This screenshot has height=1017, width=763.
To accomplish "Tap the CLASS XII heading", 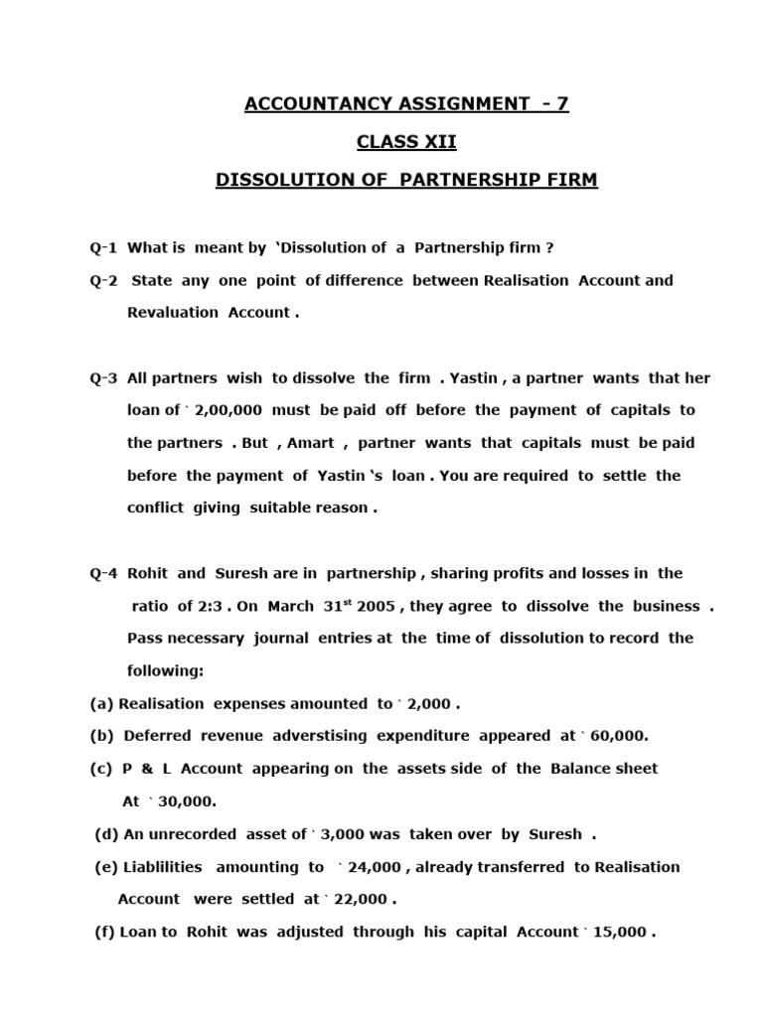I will coord(406,142).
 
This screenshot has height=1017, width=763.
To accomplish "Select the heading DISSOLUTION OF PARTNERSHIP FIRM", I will coord(406,182).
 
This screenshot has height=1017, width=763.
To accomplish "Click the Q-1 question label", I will coord(103,247).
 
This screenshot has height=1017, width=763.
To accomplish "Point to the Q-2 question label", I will coord(103,280).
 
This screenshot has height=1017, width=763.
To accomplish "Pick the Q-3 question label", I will coord(103,378).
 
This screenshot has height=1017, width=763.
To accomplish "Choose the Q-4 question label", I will coord(103,573).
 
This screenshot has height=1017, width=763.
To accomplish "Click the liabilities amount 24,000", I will coord(375,867).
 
